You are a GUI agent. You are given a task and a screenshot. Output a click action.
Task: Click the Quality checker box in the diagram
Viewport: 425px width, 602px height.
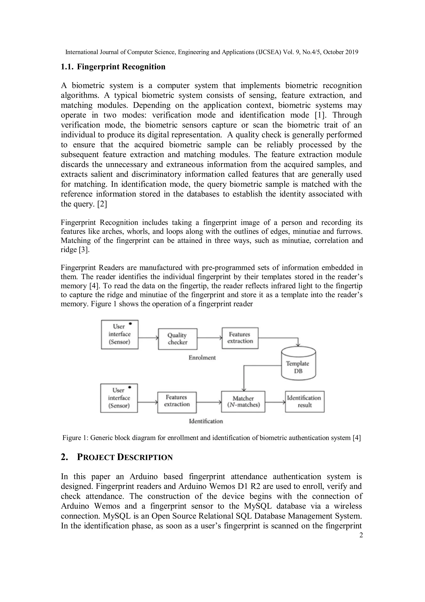click(178, 339)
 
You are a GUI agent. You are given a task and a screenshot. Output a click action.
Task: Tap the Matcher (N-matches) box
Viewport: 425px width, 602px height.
click(243, 401)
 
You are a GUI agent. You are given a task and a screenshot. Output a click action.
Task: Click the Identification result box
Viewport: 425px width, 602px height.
click(305, 401)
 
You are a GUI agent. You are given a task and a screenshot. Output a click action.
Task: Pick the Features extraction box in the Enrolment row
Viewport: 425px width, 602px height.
click(240, 338)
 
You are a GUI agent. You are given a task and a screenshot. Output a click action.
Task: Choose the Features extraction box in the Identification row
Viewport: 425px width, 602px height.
click(177, 402)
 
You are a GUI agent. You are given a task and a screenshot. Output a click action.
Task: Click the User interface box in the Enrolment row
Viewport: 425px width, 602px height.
click(120, 334)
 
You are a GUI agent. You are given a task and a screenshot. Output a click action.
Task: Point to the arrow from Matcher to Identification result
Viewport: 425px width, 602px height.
click(275, 402)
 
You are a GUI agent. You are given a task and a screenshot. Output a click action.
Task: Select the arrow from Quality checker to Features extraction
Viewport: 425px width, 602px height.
click(209, 338)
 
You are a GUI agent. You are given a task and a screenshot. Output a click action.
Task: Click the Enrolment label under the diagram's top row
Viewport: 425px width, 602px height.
click(202, 358)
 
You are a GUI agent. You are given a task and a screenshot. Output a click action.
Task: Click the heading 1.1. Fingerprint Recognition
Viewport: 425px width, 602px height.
click(113, 66)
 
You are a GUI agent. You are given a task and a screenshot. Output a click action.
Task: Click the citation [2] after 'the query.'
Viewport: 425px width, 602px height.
click(102, 204)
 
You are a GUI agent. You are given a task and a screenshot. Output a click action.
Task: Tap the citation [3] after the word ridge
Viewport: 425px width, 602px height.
click(84, 250)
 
